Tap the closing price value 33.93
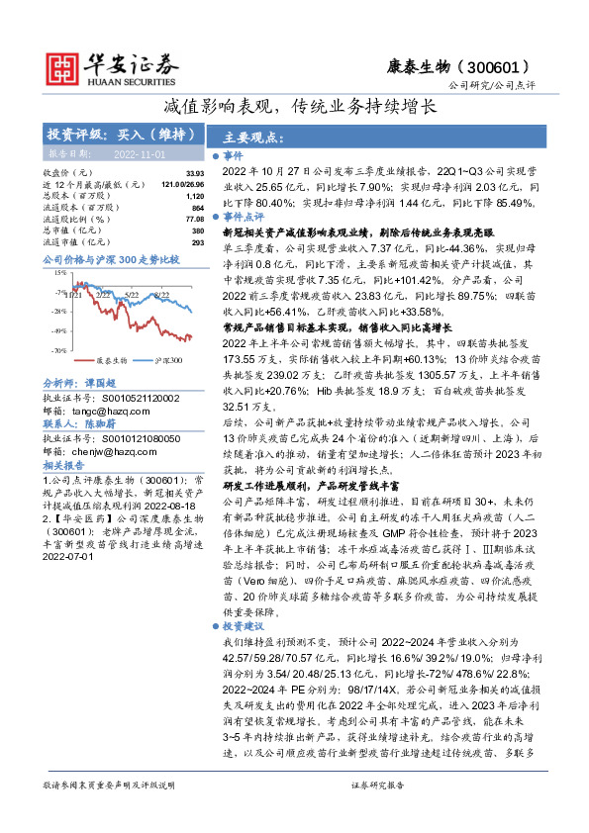pyautogui.click(x=193, y=173)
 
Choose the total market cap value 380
pyautogui.click(x=197, y=230)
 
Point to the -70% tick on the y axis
pyautogui.click(x=58, y=350)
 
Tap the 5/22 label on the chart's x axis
pyautogui.click(x=132, y=294)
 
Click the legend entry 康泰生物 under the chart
pyautogui.click(x=112, y=361)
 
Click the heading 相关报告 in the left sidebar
pyautogui.click(x=62, y=463)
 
